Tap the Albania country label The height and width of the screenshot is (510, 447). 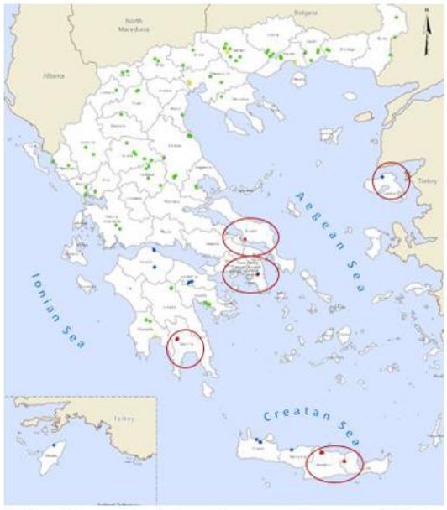[53, 75]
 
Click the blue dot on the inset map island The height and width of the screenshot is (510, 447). [55, 445]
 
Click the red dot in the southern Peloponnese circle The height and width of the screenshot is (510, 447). [177, 338]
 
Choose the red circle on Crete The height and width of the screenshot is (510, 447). [334, 463]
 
